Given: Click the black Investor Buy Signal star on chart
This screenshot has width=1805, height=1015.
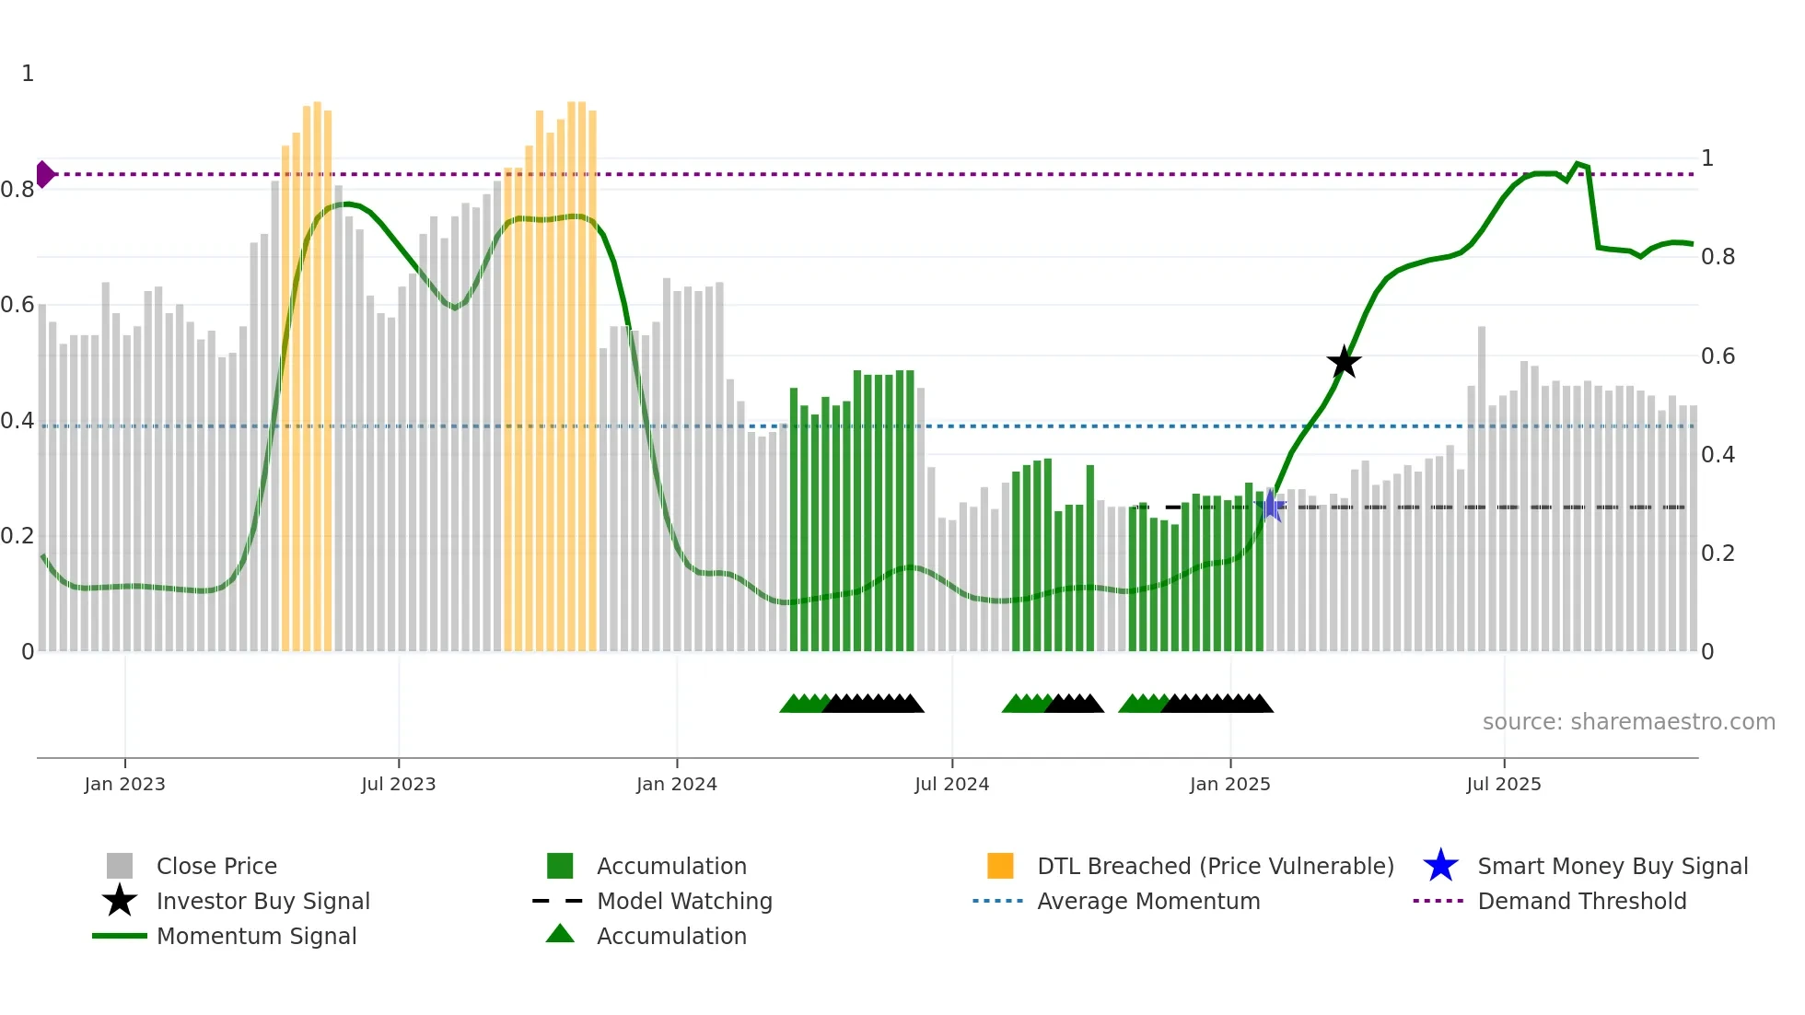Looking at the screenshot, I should (1344, 362).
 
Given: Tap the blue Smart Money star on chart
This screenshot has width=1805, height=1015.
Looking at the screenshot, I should (1272, 506).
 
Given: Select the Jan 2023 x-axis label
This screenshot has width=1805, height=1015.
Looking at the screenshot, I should (124, 785).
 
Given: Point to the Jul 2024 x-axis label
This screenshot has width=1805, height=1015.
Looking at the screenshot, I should (951, 785).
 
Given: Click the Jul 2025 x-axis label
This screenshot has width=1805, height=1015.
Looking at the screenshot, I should (1503, 785).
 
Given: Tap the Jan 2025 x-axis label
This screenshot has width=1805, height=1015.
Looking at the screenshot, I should (1229, 785).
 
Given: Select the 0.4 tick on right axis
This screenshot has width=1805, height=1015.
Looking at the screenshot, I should (1718, 455).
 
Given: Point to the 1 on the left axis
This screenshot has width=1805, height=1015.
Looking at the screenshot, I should (28, 74).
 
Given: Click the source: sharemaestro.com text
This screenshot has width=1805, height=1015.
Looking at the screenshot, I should (1628, 722).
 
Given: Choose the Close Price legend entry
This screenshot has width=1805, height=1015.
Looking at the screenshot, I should (216, 867).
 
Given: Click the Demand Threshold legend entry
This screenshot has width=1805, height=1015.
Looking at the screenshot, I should (1581, 902).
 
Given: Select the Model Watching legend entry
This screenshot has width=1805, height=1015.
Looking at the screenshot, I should (684, 902).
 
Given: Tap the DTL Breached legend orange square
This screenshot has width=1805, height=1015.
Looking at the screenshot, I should (1000, 866).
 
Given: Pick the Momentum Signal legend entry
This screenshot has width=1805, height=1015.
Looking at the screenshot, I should (256, 937).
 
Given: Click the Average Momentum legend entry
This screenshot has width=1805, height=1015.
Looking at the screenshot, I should (1147, 902).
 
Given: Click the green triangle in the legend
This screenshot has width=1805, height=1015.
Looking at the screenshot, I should (560, 934).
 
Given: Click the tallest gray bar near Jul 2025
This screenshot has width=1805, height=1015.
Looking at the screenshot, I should (1482, 488).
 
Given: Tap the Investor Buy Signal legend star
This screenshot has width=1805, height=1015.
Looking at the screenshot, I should (120, 901).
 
